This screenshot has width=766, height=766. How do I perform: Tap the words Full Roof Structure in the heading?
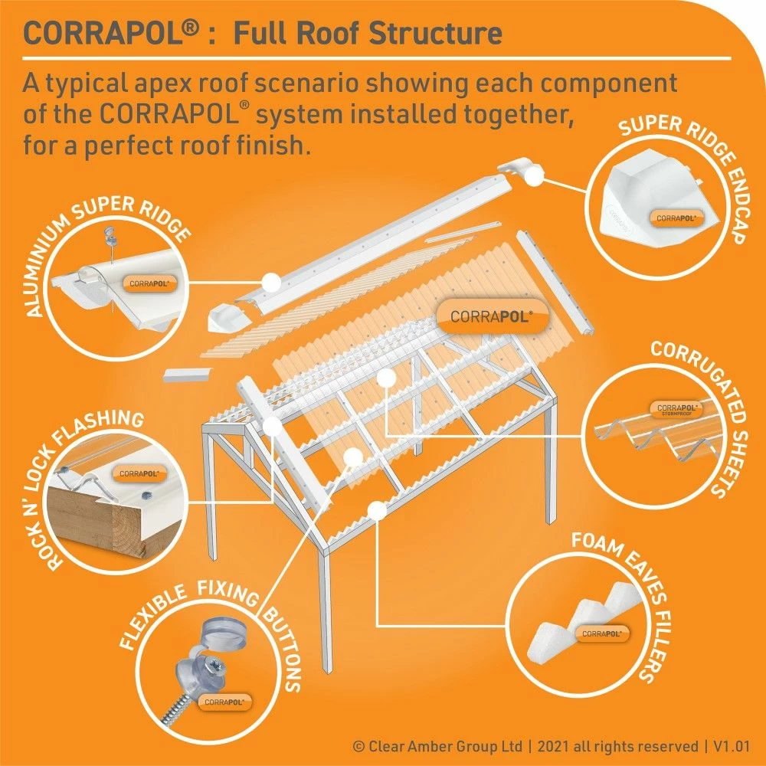(x=367, y=34)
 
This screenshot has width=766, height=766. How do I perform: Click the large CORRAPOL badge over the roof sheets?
(x=491, y=316)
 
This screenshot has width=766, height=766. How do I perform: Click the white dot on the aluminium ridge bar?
(x=269, y=282)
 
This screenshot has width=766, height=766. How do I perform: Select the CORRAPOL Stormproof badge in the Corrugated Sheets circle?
(x=675, y=409)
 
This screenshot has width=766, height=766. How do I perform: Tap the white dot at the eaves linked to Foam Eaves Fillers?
(x=375, y=508)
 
